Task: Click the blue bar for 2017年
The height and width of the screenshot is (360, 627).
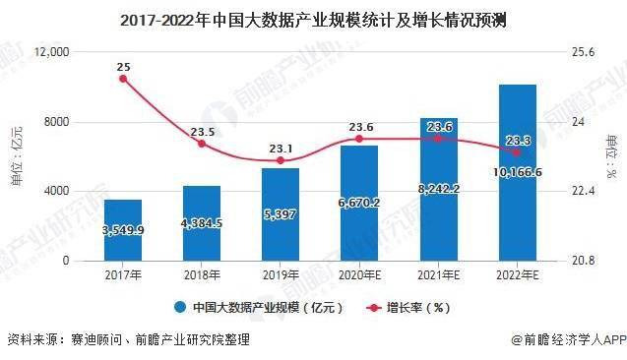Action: tap(123, 230)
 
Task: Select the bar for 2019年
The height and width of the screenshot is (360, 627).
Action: tap(281, 214)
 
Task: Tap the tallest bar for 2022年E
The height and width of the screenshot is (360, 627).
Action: tap(518, 172)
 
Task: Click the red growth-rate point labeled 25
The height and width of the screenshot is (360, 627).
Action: tap(123, 79)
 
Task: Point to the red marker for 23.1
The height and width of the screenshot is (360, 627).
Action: tap(281, 160)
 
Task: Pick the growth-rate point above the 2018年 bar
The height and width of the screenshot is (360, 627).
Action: tap(202, 144)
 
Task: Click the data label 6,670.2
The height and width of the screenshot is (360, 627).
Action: tap(359, 203)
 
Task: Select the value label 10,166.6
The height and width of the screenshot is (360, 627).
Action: tap(518, 172)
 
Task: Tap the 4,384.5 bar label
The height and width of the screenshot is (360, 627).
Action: tap(202, 223)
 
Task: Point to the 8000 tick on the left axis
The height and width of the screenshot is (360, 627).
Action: tap(56, 122)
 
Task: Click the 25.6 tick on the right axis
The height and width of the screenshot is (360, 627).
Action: tap(583, 52)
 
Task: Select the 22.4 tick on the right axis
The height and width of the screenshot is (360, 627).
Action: tap(583, 191)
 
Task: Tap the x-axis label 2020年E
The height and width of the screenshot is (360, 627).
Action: tap(359, 275)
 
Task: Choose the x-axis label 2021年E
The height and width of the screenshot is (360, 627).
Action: tap(439, 275)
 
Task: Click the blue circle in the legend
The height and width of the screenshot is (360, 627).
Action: tap(180, 307)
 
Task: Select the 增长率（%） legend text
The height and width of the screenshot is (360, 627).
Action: tap(418, 308)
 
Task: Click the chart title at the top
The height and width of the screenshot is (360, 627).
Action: tap(313, 20)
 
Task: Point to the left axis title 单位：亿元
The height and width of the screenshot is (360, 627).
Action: tap(17, 155)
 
